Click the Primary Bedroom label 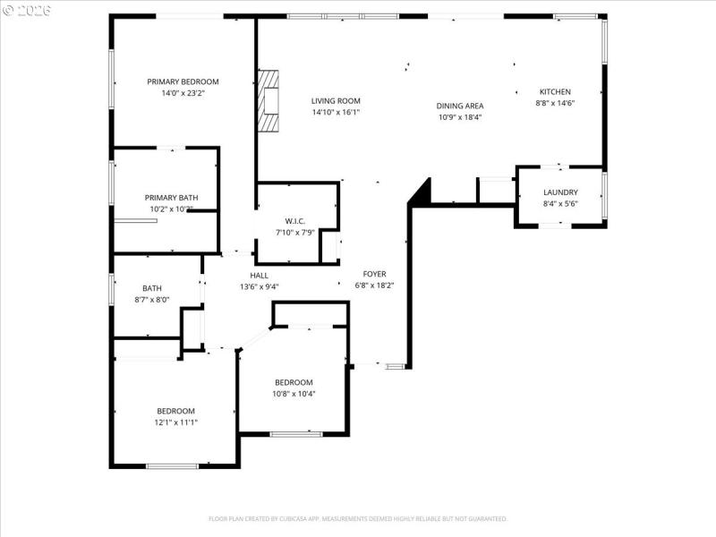(x=183, y=81)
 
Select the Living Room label (x=336, y=101)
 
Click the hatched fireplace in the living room (x=268, y=101)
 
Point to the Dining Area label (x=460, y=106)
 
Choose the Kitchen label (x=555, y=91)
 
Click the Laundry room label (x=560, y=192)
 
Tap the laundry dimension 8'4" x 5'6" (x=560, y=204)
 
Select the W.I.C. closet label (x=295, y=221)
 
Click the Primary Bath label (x=171, y=198)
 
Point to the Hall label (x=260, y=276)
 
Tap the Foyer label (x=374, y=274)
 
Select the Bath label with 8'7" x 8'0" (x=150, y=288)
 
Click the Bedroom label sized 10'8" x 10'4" (x=294, y=382)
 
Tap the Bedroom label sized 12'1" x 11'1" (x=176, y=411)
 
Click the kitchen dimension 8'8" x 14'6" (x=555, y=103)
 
